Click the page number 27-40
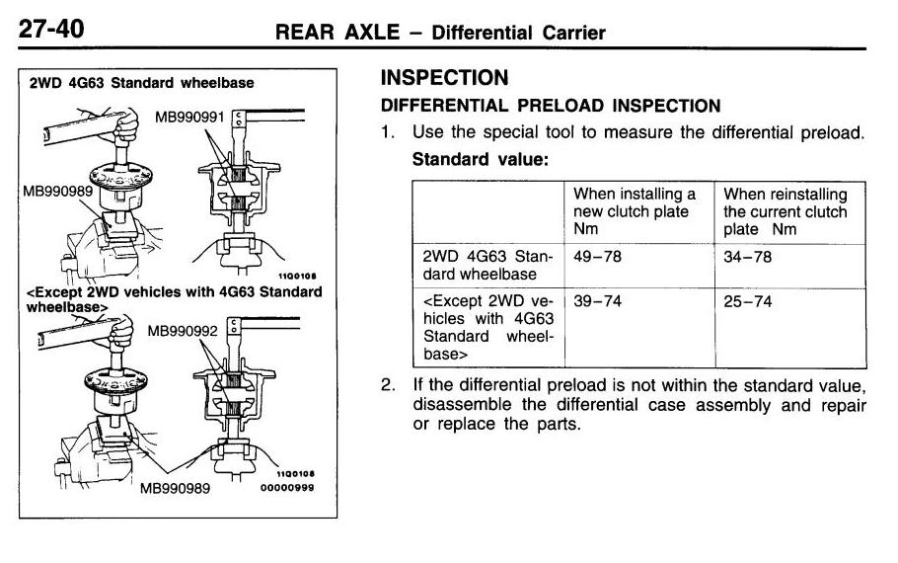50,30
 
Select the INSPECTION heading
444,78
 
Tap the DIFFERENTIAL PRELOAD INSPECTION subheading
551,105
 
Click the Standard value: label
479,158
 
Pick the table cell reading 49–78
597,257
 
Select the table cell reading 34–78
747,257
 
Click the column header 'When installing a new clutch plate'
635,211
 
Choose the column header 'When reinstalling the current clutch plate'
785,211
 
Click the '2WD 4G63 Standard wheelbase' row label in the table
486,266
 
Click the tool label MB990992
183,331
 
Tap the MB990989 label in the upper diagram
56,191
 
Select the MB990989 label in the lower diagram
175,487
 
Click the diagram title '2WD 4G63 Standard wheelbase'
141,83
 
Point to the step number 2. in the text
389,384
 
